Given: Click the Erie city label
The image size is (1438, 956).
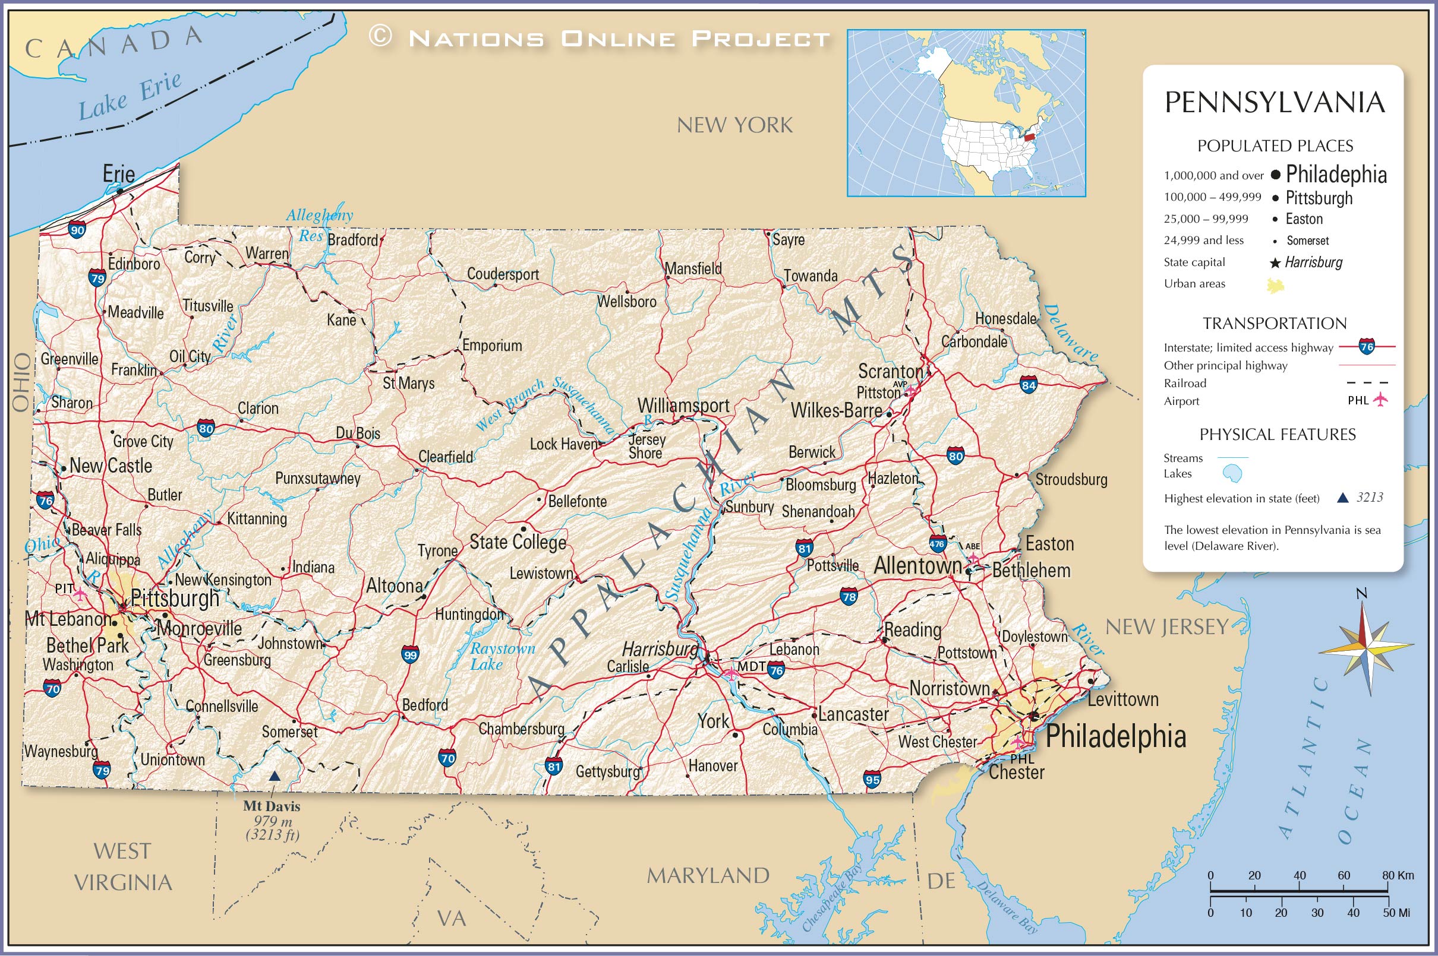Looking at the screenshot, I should [x=118, y=175].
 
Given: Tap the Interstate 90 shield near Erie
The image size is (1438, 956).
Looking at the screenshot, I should [x=77, y=230].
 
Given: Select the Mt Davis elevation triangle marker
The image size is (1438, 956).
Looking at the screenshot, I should [x=275, y=776].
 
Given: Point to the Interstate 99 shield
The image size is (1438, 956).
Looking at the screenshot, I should [x=411, y=656].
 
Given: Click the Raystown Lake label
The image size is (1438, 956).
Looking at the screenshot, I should [x=502, y=657].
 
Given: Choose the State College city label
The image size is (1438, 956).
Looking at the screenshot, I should [x=518, y=542].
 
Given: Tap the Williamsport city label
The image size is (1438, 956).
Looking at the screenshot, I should [x=683, y=406].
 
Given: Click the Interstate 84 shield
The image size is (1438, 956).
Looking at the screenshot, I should [x=1029, y=385].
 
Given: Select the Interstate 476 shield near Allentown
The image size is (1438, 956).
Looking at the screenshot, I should [x=937, y=544].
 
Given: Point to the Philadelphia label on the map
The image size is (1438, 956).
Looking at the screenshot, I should [x=1115, y=736].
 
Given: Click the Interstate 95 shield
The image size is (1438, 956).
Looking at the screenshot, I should [x=872, y=779].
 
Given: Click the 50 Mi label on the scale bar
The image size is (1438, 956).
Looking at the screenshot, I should [x=1396, y=913].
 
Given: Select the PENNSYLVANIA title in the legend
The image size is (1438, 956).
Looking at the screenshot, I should [x=1275, y=102].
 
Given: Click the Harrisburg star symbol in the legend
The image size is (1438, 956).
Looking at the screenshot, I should [x=1275, y=264].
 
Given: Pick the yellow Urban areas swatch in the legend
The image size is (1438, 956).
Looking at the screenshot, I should [x=1275, y=285].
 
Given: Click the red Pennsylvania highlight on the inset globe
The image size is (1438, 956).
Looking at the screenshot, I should [x=1029, y=137].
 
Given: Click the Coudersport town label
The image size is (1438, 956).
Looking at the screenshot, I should [x=502, y=274].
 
